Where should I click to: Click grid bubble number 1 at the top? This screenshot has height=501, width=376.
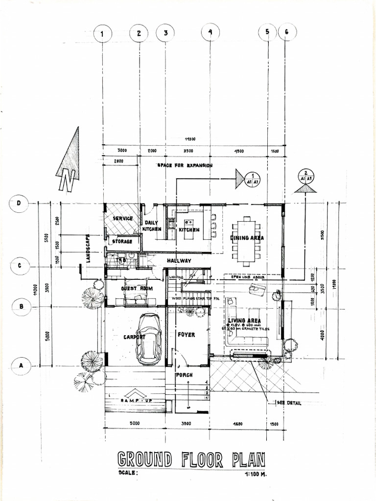click(x=102, y=34)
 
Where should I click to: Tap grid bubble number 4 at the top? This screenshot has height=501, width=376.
click(x=210, y=33)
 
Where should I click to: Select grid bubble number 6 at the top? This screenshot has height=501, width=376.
click(x=287, y=33)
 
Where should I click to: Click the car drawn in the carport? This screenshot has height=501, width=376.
click(x=148, y=339)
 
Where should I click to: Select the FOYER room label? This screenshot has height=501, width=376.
click(x=186, y=335)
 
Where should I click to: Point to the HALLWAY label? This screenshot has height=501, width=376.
click(x=179, y=261)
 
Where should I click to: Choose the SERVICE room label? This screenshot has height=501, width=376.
click(x=123, y=218)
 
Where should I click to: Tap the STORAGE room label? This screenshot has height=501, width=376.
click(x=122, y=242)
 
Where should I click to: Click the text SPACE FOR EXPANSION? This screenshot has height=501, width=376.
click(x=185, y=165)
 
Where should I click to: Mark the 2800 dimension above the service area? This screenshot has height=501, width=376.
click(x=117, y=160)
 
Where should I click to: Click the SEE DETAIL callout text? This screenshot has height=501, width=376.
click(x=289, y=403)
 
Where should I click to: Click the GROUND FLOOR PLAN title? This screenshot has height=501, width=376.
click(x=191, y=460)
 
